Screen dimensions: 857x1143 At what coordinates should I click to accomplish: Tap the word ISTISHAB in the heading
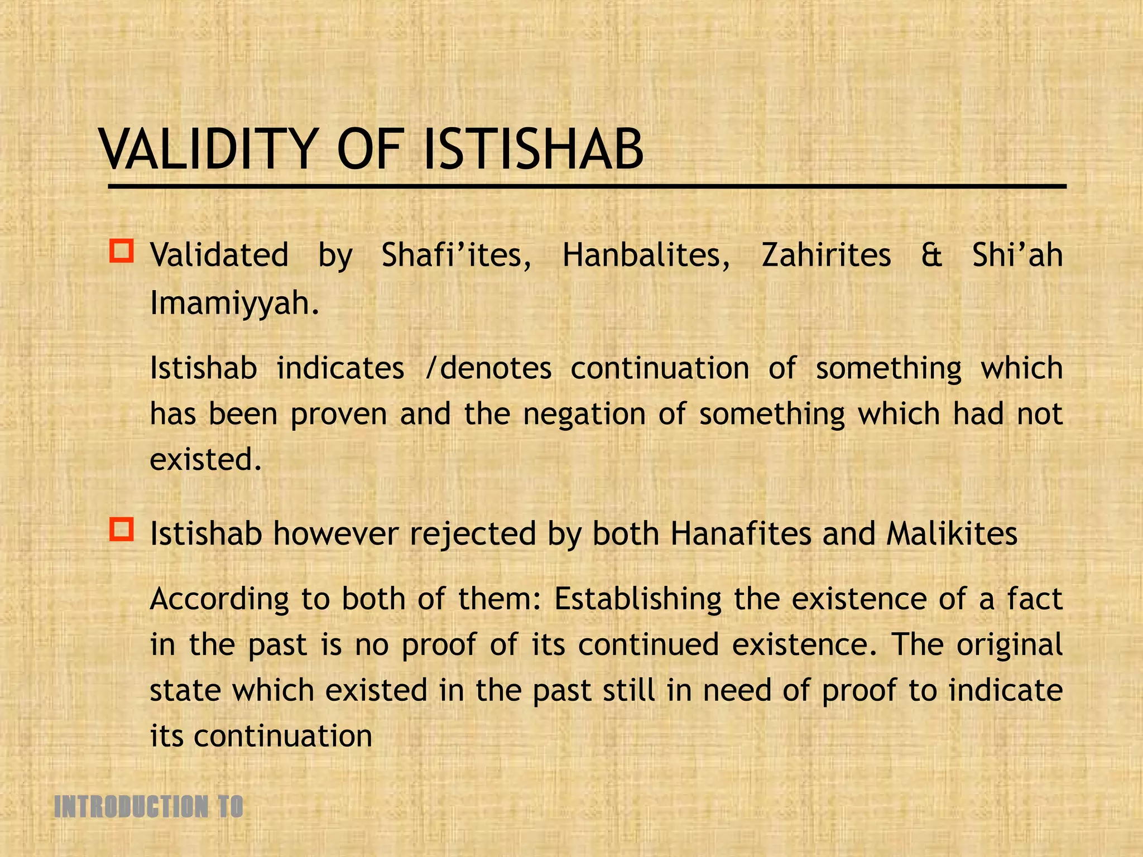click(x=533, y=150)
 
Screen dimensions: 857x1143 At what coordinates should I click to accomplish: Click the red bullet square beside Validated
click(x=122, y=252)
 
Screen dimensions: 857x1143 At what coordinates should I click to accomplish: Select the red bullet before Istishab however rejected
click(x=122, y=529)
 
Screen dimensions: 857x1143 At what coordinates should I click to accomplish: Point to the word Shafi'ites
click(x=456, y=256)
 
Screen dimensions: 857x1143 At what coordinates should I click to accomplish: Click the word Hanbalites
click(x=646, y=256)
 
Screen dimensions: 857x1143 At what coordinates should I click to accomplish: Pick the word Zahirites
click(x=826, y=256)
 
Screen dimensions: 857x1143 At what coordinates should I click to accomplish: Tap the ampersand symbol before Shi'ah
click(x=931, y=256)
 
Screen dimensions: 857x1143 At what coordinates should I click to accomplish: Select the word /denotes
click(x=488, y=369)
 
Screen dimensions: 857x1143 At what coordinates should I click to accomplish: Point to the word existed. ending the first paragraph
click(x=205, y=460)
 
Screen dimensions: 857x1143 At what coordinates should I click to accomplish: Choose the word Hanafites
click(x=741, y=534)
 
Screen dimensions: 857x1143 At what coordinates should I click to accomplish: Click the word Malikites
click(x=952, y=534)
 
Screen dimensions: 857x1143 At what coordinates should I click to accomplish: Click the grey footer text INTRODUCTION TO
click(x=148, y=807)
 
